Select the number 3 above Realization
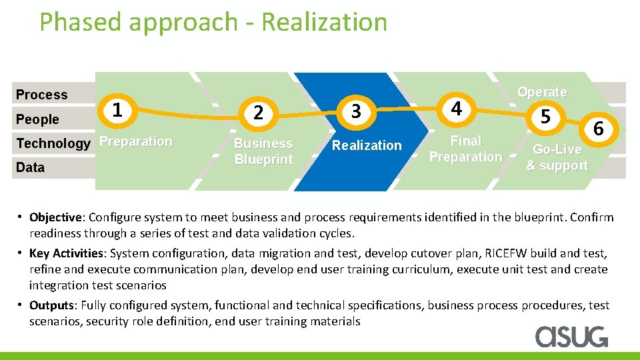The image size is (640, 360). tap(356, 111)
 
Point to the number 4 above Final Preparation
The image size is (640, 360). tap(456, 108)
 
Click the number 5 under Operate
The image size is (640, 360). tap(545, 117)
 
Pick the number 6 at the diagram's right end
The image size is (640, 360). tap(599, 129)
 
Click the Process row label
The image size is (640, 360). tap(42, 95)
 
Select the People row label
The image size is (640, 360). tap(37, 119)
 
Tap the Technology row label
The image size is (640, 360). tap(53, 143)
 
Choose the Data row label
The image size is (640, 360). tap(30, 167)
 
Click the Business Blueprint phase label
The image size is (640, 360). tap(263, 151)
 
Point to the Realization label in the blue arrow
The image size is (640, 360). tap(367, 145)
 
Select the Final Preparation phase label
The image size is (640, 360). tap(465, 149)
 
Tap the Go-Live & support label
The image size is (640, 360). tap(557, 157)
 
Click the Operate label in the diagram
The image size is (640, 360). tap(542, 92)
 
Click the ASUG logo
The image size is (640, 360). tap(572, 337)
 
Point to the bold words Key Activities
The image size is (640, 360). tap(67, 253)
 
